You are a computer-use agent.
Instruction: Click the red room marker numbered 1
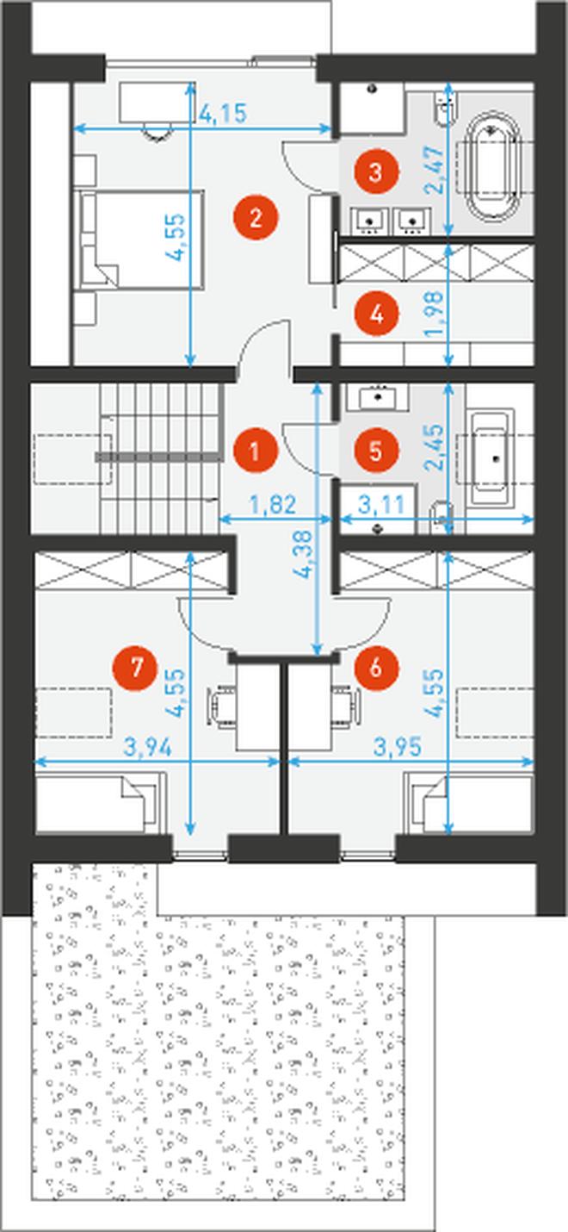256,451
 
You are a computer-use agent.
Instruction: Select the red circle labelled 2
256,218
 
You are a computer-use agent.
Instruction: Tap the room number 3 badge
376,171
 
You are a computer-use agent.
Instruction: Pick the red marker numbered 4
377,314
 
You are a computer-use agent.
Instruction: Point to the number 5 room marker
376,451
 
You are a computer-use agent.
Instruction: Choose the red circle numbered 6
376,669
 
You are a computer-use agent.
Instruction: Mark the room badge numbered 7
135,669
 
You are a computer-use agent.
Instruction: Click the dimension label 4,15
223,114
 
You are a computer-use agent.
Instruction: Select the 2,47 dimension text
435,169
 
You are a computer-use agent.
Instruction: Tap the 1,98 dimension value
435,314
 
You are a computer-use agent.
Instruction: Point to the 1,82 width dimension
273,504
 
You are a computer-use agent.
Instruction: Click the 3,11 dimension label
382,504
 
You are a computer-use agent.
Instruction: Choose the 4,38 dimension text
303,555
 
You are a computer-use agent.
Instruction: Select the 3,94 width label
148,748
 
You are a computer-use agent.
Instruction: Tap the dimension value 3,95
398,748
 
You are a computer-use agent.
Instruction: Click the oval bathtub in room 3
492,166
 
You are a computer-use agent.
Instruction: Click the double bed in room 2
142,240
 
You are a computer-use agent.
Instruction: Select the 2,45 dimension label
435,446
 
